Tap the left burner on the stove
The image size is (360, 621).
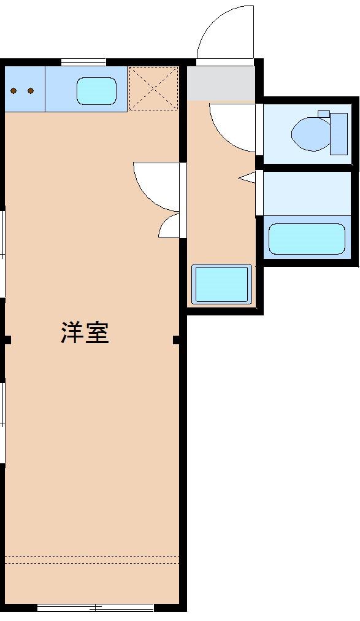coord(13,91)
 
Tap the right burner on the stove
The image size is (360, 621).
coord(30,91)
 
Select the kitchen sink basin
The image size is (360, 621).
coord(96,91)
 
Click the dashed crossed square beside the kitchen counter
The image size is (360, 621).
coord(153,88)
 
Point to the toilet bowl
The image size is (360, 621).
coord(310,132)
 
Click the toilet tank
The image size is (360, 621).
coord(339,133)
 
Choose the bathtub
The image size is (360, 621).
coord(307,239)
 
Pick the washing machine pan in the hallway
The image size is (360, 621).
coord(221,283)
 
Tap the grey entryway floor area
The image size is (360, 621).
coord(220,83)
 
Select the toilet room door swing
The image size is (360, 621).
coord(233,126)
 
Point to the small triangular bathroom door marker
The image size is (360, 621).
coord(247,178)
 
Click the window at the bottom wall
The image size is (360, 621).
coord(95,608)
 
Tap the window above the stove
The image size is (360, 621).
coord(83,61)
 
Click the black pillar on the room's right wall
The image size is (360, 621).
coord(177,340)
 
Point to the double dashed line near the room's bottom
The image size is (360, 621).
coord(92,560)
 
